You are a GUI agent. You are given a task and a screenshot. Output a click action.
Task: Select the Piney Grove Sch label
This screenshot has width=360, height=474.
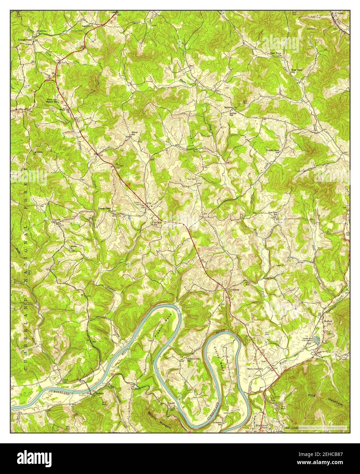(193, 360)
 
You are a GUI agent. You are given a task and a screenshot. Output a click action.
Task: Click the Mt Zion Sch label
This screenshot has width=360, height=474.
(155, 224)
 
